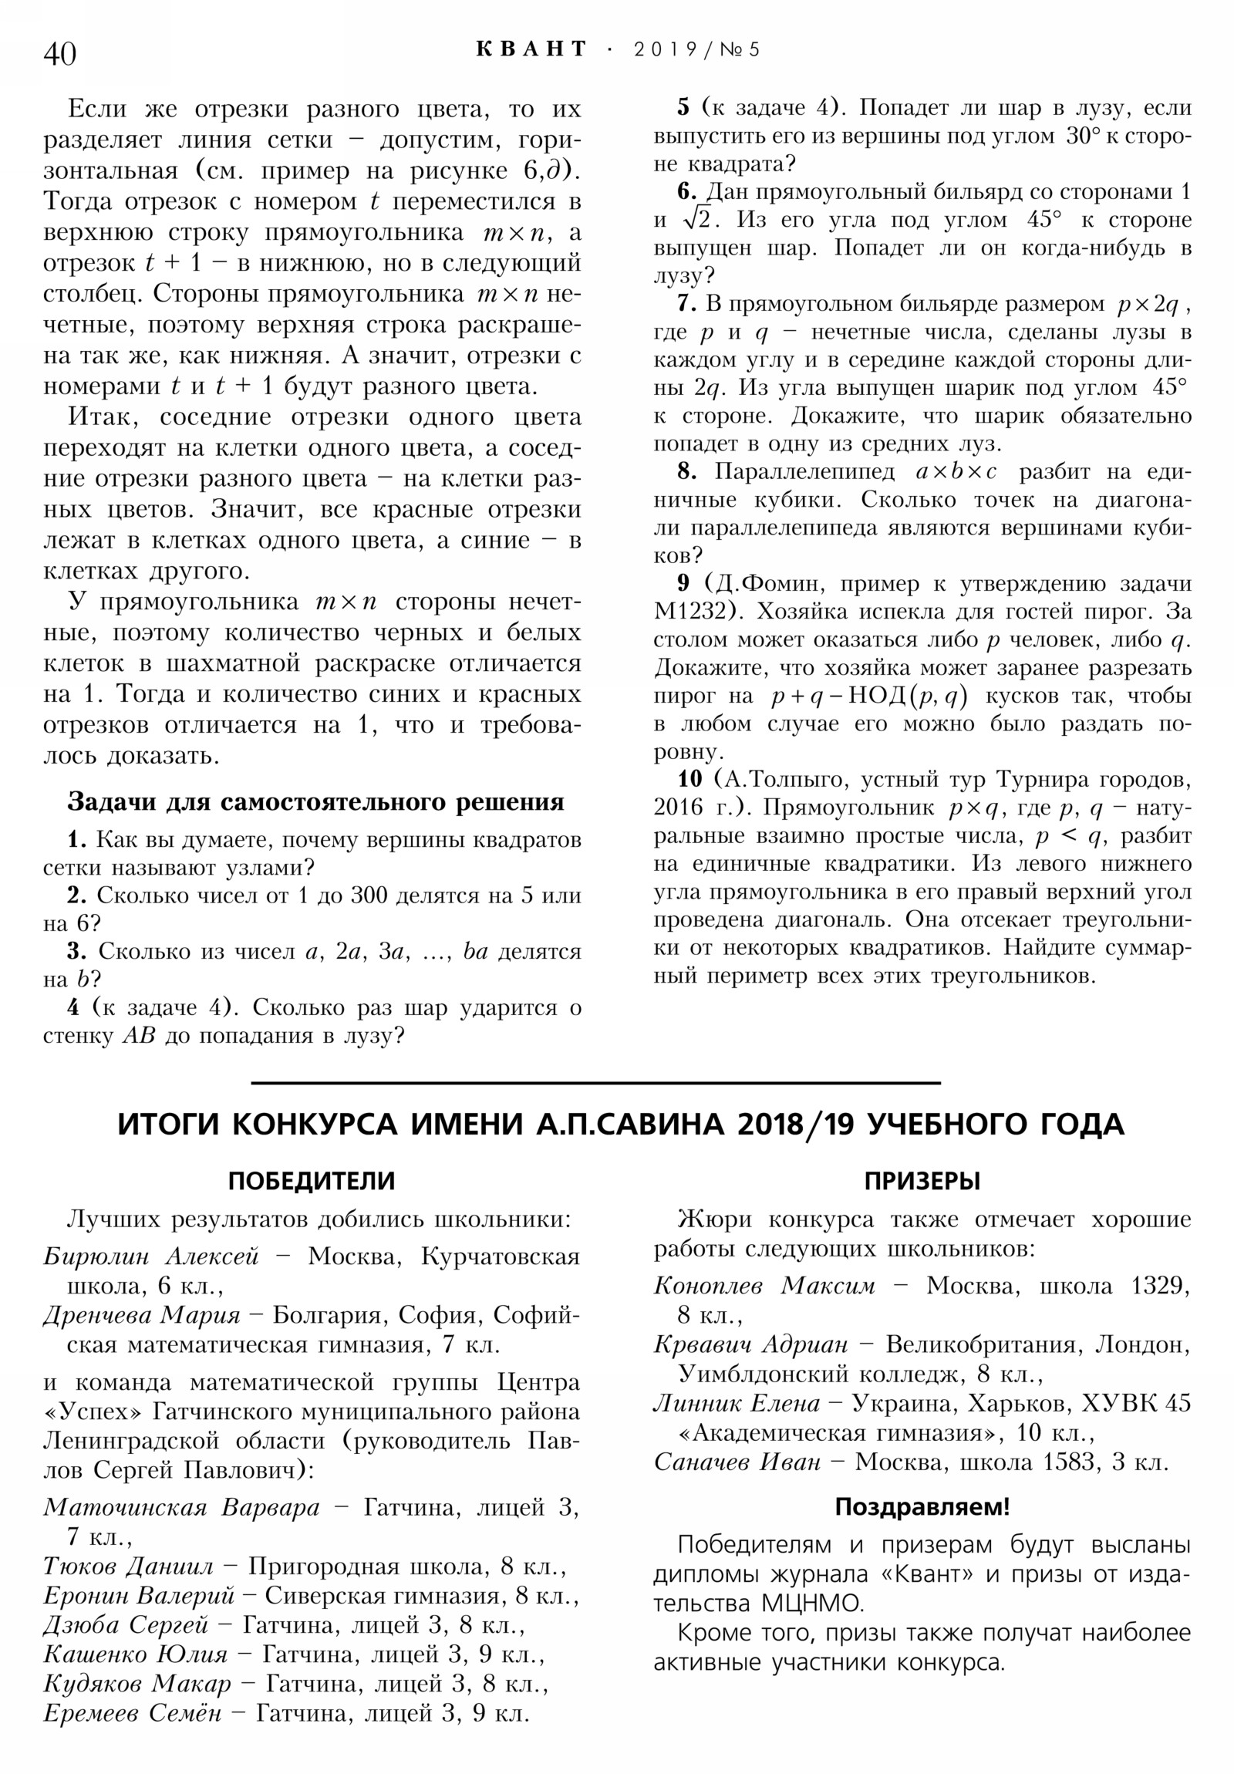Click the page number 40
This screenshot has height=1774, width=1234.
59,54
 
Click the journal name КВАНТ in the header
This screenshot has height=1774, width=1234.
531,49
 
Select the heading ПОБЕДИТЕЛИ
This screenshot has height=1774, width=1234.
312,1182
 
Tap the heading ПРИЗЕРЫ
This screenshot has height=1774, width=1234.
922,1182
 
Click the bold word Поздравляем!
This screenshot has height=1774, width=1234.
922,1506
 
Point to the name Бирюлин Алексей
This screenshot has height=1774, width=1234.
150,1257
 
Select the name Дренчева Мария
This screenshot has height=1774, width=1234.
141,1316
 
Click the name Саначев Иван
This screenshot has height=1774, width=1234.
737,1462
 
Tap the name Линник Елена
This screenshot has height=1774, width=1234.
737,1404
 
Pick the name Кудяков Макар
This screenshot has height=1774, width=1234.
137,1684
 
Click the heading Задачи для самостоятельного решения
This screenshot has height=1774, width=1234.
315,802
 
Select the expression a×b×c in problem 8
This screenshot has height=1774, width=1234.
956,472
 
